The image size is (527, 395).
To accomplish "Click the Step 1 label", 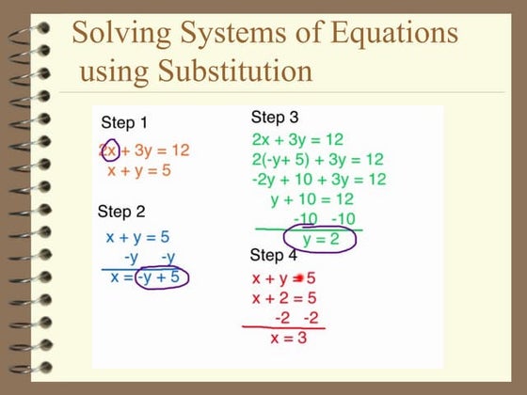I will (123, 122).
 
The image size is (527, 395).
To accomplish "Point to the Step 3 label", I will (275, 118).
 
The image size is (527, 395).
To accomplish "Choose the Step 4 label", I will (273, 255).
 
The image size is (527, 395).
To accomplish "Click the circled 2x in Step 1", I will (108, 150).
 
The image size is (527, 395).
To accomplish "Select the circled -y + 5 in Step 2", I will (161, 276).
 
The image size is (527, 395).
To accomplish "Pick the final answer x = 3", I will (288, 339).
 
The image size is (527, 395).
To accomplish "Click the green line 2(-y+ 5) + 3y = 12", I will (317, 159).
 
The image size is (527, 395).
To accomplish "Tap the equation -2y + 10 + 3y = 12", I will (319, 179).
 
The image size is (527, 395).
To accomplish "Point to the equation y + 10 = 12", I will (311, 199).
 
